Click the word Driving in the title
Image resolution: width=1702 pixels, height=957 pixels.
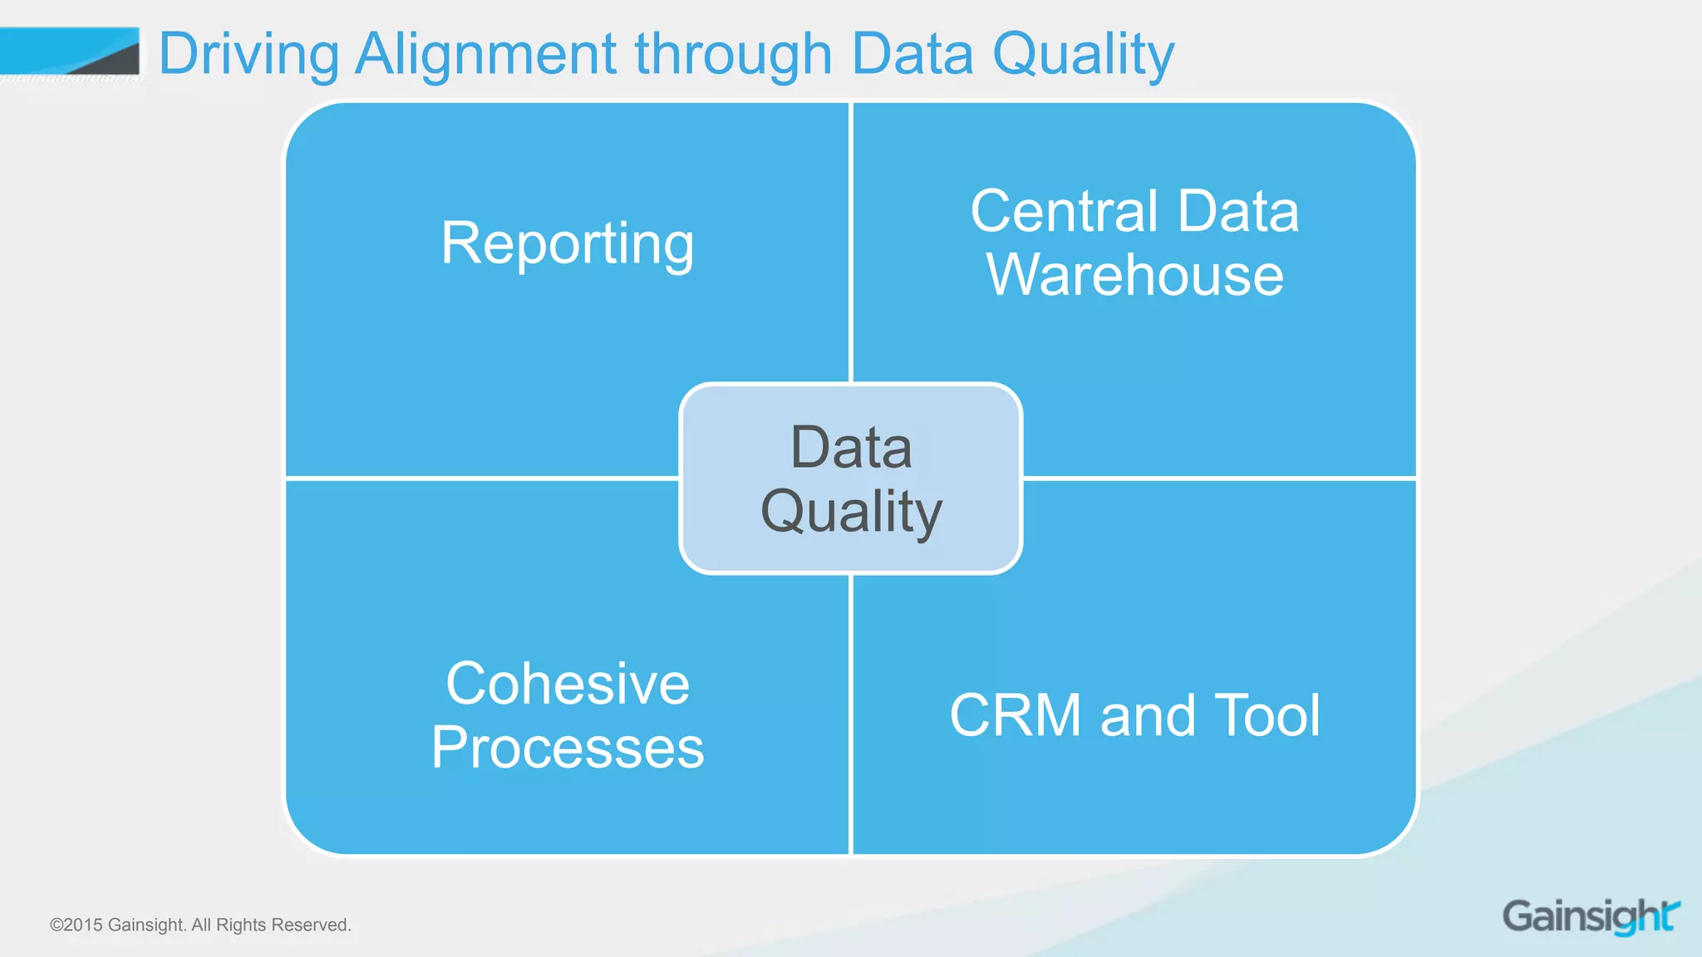click(x=248, y=55)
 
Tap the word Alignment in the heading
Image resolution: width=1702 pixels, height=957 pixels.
click(x=485, y=55)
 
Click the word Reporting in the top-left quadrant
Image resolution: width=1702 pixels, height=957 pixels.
click(x=568, y=244)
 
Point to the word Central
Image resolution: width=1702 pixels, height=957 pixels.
click(x=1064, y=211)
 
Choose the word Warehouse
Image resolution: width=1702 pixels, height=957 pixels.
click(x=1134, y=275)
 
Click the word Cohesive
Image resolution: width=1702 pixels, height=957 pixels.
click(x=568, y=685)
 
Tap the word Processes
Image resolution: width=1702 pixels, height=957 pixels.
click(x=568, y=748)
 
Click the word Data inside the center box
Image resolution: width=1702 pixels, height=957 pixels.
click(x=851, y=448)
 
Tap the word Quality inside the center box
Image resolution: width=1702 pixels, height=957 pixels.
click(x=851, y=512)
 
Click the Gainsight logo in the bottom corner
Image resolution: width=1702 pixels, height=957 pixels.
click(x=1590, y=916)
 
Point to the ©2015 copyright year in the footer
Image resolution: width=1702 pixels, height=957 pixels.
click(x=76, y=925)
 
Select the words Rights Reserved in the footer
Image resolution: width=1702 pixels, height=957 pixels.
click(x=283, y=925)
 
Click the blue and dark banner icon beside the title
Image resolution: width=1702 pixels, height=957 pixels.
click(x=70, y=52)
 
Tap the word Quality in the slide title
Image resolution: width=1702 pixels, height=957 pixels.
click(x=1084, y=55)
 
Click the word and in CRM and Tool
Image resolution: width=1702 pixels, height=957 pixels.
click(x=1146, y=715)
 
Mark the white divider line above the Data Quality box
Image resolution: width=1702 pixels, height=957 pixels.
click(x=851, y=241)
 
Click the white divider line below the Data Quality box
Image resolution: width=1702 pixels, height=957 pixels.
click(x=851, y=714)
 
